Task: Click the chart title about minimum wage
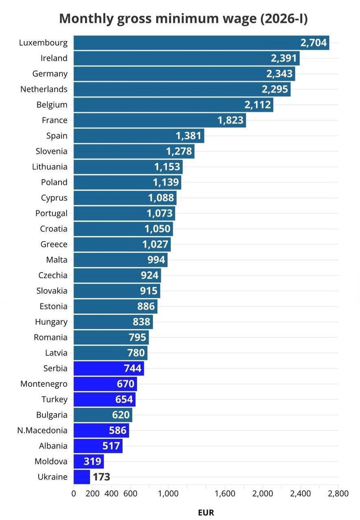coord(183,19)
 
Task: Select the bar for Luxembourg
coord(187,42)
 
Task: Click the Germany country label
coord(50,74)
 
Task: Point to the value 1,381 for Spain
coord(189,136)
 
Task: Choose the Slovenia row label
coord(52,151)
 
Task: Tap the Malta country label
coord(57,260)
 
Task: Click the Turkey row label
coord(55,400)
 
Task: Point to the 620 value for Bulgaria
coord(121,415)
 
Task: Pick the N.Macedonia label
coord(43,430)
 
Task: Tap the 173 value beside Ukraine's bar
coord(101,477)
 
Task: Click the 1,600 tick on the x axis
coord(225,494)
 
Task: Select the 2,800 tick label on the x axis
coord(338,494)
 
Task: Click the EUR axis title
coord(206,513)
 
